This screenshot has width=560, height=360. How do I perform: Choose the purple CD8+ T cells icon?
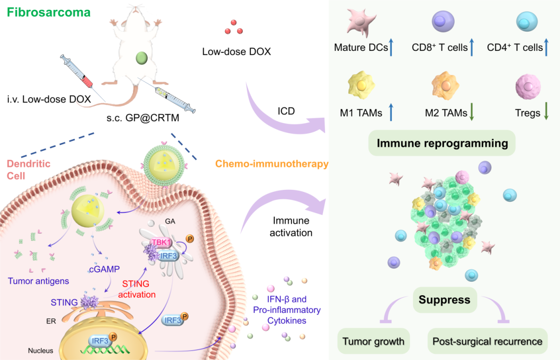pos(444,22)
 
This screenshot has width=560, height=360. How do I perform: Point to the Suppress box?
pos(444,299)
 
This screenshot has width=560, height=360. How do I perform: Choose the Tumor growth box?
pos(373,341)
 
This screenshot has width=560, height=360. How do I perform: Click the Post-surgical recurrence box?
pos(487,341)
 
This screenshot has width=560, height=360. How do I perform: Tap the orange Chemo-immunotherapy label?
pos(272,164)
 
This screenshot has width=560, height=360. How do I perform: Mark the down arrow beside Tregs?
pos(547,113)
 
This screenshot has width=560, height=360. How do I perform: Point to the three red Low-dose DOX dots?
pos(234,29)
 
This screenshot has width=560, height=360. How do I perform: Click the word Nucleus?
pos(40,351)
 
